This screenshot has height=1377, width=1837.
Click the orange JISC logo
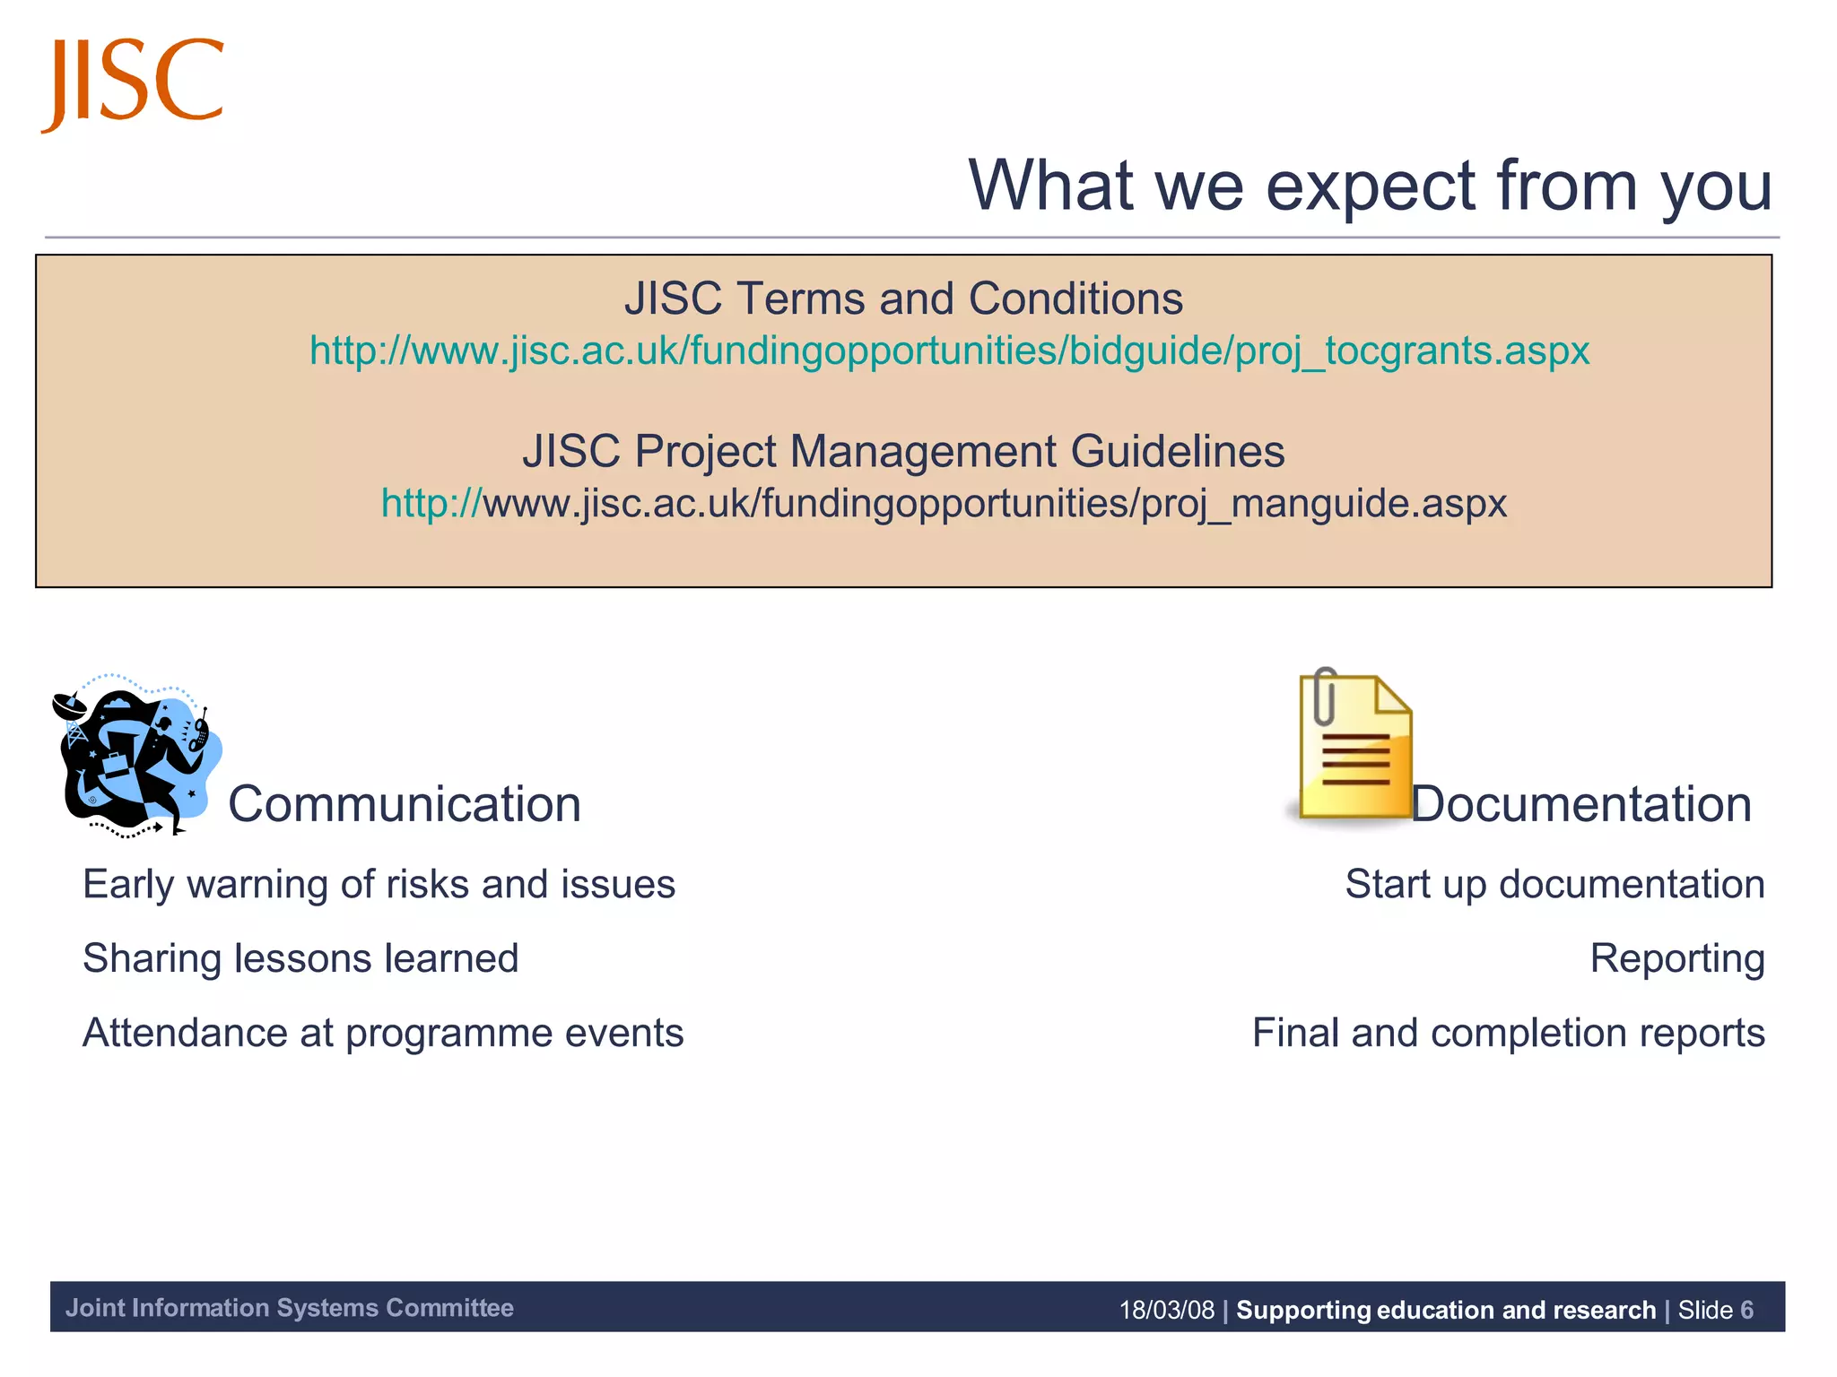click(133, 82)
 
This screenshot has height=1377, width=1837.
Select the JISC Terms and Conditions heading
click(903, 299)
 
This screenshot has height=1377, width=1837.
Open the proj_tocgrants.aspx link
click(949, 351)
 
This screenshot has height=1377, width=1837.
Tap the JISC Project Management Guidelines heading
click(903, 451)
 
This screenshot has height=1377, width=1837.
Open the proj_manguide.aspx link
click(944, 503)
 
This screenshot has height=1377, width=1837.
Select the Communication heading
click(405, 804)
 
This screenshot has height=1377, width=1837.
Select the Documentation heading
click(1580, 804)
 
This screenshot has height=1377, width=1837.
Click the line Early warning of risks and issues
click(379, 885)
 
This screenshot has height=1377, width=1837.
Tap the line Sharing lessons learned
click(300, 958)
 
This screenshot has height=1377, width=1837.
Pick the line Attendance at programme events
click(383, 1033)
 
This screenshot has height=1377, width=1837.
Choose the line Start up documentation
click(1554, 885)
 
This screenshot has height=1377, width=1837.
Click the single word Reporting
click(1676, 958)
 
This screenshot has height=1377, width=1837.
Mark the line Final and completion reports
click(1508, 1033)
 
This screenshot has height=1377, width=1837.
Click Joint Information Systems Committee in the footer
click(289, 1308)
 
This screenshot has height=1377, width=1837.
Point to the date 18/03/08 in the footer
click(1166, 1310)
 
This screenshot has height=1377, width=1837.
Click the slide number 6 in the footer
click(1746, 1310)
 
